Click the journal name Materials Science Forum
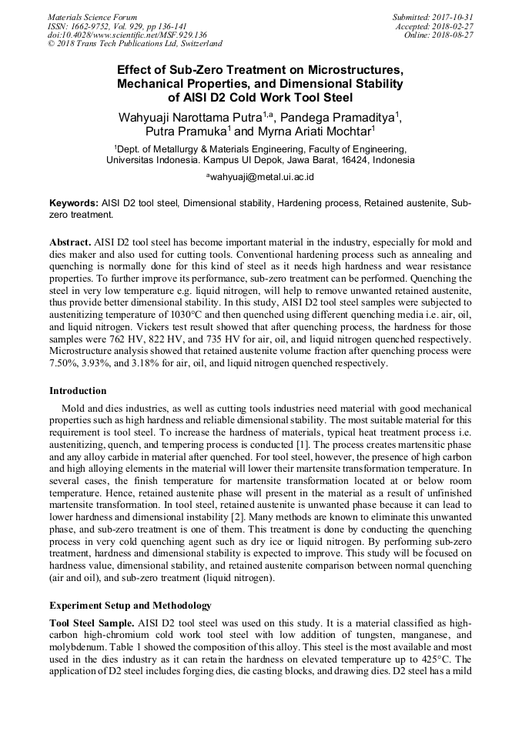coord(92,17)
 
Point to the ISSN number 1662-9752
coord(90,26)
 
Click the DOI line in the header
coord(127,35)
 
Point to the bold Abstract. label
coord(72,242)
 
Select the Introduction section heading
coord(78,390)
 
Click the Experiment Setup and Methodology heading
coord(130,606)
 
